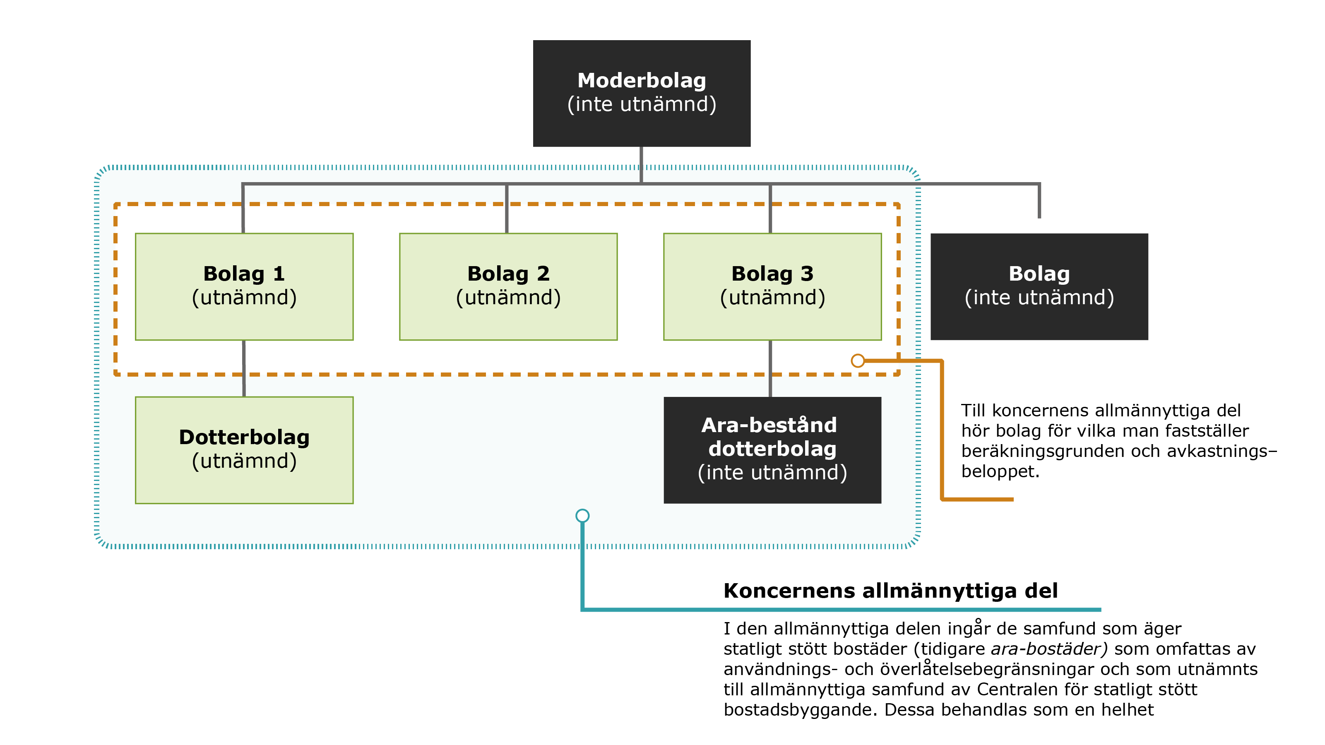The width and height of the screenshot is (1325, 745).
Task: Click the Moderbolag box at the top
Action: click(x=642, y=93)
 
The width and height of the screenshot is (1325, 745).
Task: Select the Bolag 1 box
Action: click(x=244, y=286)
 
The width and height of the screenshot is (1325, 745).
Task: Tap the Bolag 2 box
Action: click(x=508, y=286)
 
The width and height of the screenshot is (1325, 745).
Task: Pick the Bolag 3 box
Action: click(x=772, y=286)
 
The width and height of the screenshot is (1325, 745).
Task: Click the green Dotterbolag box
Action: click(x=244, y=450)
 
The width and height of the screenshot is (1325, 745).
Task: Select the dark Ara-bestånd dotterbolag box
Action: click(x=772, y=450)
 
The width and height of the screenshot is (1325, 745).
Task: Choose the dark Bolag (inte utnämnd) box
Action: click(x=1039, y=286)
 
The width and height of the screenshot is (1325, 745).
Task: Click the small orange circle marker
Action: click(x=857, y=360)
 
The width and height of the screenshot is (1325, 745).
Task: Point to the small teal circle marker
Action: click(x=582, y=515)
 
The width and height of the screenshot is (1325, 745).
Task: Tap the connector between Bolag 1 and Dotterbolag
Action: click(x=244, y=368)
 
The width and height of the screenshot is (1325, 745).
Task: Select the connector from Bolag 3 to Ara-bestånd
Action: click(x=770, y=368)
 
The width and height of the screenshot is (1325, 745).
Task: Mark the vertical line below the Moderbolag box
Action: click(x=642, y=165)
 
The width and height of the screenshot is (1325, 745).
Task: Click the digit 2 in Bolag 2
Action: click(x=543, y=274)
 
